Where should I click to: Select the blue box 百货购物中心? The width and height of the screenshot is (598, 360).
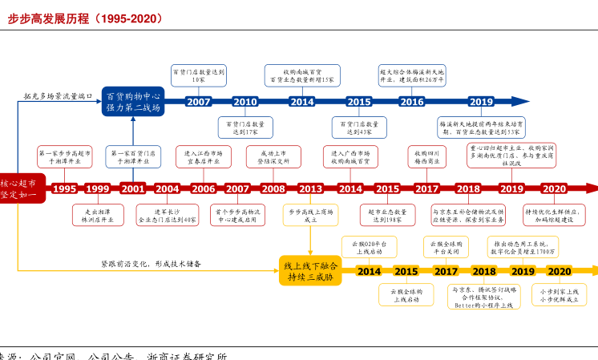tap(133, 102)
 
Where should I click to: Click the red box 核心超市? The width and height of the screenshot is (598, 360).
tap(18, 188)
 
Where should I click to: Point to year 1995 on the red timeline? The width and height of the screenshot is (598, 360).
tap(64, 189)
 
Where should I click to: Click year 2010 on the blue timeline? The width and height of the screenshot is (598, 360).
tap(245, 102)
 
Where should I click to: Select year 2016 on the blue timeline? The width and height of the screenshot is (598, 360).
tap(412, 102)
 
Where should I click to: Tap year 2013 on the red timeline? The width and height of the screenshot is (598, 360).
tap(310, 189)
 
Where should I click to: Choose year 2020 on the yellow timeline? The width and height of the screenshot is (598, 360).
tap(560, 272)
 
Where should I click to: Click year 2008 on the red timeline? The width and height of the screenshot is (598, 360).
tap(273, 189)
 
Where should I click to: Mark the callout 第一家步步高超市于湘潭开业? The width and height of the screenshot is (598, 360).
tap(65, 156)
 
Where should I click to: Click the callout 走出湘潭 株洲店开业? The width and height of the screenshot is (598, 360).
tap(96, 215)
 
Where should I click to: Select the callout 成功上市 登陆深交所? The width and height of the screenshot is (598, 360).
tap(273, 156)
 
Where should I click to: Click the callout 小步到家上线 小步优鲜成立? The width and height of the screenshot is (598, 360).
tap(560, 295)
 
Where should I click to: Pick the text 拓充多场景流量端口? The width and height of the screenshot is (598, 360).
tap(58, 95)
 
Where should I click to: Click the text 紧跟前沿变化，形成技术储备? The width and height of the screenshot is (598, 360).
tap(151, 264)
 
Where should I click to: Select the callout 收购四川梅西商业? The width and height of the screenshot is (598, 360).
tap(426, 156)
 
